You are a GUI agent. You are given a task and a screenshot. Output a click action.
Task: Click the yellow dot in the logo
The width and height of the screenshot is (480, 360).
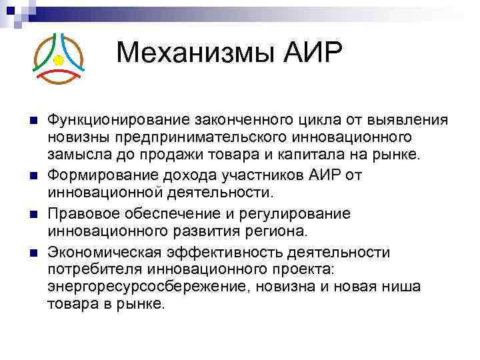pyautogui.click(x=58, y=61)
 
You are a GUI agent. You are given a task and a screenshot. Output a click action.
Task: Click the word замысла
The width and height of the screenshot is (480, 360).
pyautogui.click(x=76, y=155)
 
